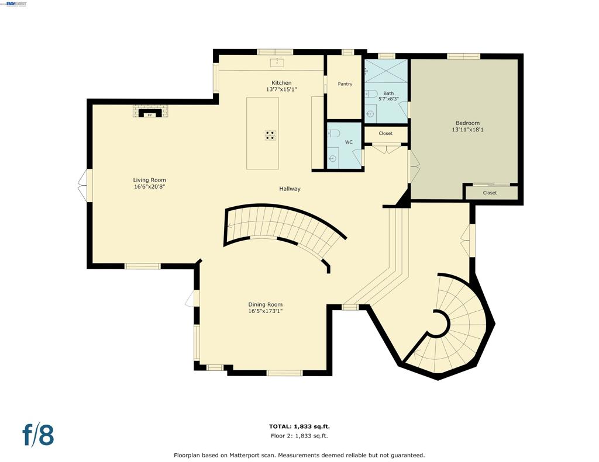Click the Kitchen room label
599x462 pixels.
(281, 83)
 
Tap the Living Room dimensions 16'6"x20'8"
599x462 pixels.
(149, 187)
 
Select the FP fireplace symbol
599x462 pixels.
(150, 113)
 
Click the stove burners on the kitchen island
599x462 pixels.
(271, 136)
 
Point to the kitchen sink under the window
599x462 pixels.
(276, 62)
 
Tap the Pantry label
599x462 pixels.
(345, 84)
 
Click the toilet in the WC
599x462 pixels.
(333, 133)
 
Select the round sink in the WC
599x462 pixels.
(332, 159)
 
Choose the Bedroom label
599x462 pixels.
(467, 123)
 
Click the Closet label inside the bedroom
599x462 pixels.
(490, 193)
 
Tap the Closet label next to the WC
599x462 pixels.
(385, 133)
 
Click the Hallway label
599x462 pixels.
(290, 189)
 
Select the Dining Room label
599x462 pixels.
(266, 304)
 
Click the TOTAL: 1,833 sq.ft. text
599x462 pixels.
(299, 426)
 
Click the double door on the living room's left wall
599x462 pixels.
(84, 185)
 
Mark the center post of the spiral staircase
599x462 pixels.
(439, 323)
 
